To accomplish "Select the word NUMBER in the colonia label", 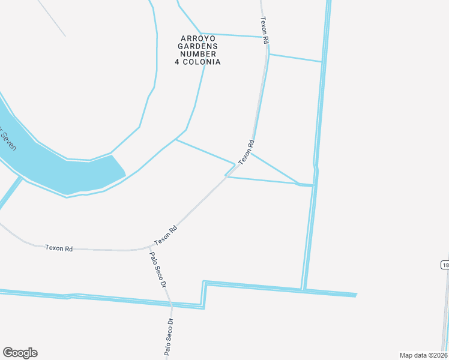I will (x=198, y=54).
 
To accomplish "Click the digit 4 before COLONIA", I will (x=178, y=62).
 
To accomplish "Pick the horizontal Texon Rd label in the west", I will (x=59, y=248).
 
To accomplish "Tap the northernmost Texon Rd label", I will (x=264, y=29).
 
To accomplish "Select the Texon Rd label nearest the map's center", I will (x=247, y=152).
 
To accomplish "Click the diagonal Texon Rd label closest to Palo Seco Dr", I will (x=166, y=235).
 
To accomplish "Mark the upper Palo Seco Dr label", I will (x=157, y=269).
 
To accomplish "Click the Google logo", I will (x=20, y=353).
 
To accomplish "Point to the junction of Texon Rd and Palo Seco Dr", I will (x=149, y=246).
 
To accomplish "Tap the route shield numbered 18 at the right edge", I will (x=445, y=265).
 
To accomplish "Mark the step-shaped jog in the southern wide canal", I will (x=204, y=294).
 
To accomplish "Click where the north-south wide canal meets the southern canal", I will (x=304, y=290).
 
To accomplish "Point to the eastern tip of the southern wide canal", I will (x=356, y=295).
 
